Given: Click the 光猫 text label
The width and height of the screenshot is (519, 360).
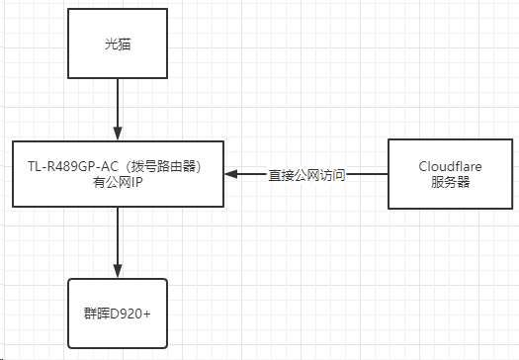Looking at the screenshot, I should (x=117, y=45).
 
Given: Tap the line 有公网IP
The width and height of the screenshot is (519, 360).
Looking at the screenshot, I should (x=117, y=182).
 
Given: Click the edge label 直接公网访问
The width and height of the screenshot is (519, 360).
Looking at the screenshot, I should (x=306, y=175).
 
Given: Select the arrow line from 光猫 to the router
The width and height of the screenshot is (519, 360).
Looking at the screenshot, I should (x=118, y=104).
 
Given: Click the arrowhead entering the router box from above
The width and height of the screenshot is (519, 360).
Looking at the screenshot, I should (x=118, y=134).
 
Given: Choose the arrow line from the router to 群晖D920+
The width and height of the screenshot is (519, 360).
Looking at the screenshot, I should (x=118, y=237).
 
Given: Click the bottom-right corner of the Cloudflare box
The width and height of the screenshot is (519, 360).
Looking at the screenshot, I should (x=485, y=208).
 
